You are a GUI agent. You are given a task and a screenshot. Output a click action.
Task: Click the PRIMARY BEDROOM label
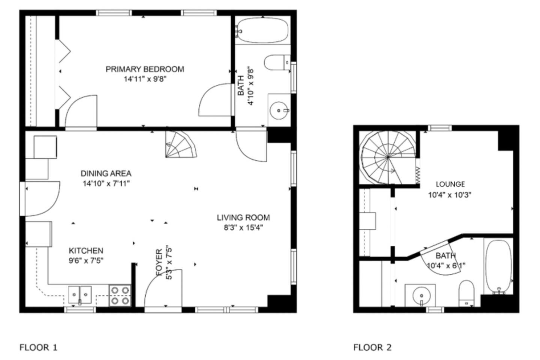click(145, 69)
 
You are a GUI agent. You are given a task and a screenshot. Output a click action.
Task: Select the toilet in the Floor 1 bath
click(277, 63)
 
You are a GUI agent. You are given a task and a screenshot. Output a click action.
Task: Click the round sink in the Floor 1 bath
click(279, 111)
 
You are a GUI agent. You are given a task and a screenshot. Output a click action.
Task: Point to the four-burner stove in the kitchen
click(120, 295)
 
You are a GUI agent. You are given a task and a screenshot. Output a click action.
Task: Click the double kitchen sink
click(80, 295)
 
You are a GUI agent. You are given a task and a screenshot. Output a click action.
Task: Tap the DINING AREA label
click(106, 173)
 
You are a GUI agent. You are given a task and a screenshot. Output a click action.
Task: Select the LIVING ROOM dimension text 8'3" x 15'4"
click(243, 228)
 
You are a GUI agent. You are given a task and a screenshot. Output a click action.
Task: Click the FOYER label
click(159, 262)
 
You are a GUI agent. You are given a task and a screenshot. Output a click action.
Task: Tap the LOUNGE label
click(450, 184)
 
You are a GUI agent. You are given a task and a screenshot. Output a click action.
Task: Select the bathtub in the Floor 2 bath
click(498, 267)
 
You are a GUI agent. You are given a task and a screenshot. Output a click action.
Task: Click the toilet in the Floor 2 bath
click(466, 293)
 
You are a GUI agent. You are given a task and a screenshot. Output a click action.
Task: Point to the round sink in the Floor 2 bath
click(421, 295)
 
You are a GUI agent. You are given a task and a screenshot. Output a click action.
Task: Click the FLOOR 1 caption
click(38, 348)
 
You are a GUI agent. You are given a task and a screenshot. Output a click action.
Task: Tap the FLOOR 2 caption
click(372, 348)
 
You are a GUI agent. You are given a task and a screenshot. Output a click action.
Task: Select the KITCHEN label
click(86, 251)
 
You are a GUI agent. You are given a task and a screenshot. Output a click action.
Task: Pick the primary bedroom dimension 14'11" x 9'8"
click(145, 79)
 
